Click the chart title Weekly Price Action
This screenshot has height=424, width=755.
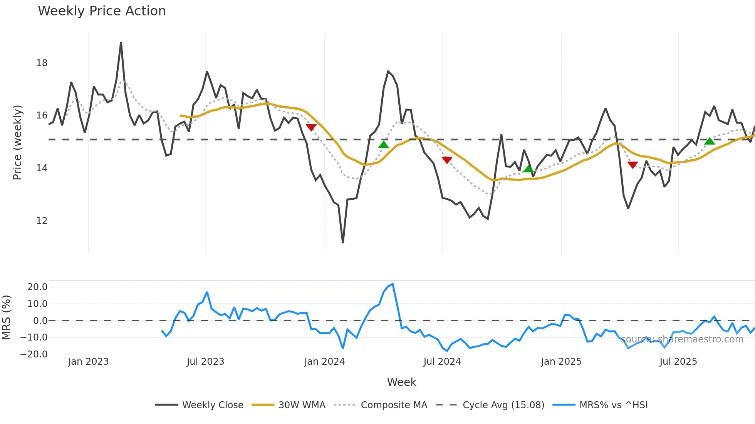pyautogui.click(x=102, y=11)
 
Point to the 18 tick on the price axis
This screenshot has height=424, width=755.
pyautogui.click(x=42, y=63)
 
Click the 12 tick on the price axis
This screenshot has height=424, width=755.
pyautogui.click(x=42, y=221)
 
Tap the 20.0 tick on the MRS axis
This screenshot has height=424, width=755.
pyautogui.click(x=37, y=287)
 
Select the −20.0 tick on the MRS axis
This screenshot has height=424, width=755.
pyautogui.click(x=34, y=354)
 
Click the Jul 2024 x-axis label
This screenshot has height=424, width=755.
pyautogui.click(x=442, y=362)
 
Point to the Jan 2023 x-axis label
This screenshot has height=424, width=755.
pyautogui.click(x=88, y=362)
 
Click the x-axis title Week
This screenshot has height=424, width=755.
pyautogui.click(x=401, y=382)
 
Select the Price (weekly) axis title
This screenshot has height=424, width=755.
pyautogui.click(x=18, y=142)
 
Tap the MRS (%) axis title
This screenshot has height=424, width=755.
pyautogui.click(x=6, y=317)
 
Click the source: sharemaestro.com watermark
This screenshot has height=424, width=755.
pyautogui.click(x=682, y=339)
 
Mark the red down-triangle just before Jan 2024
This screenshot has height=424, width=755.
pyautogui.click(x=311, y=127)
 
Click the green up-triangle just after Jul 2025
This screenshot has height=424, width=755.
pyautogui.click(x=710, y=141)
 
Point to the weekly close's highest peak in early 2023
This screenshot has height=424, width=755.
pyautogui.click(x=121, y=43)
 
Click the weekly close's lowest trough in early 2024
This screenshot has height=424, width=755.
pyautogui.click(x=343, y=242)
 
